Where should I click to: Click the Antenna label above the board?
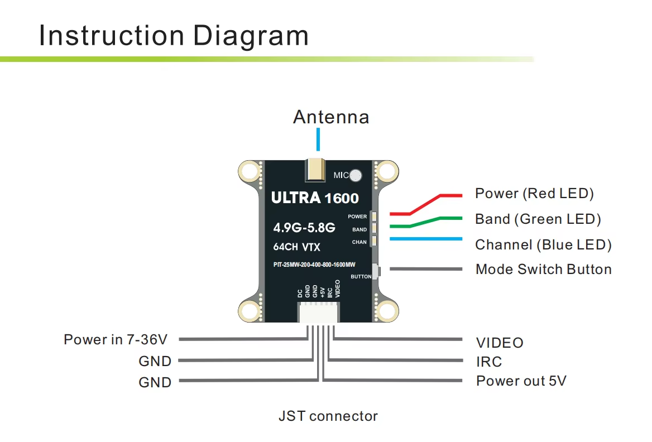[330, 117]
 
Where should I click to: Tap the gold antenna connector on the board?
[317, 170]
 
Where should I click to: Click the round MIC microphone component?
[355, 176]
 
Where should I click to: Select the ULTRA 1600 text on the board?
[315, 198]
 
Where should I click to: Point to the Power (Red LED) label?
[534, 194]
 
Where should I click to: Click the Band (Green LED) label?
[538, 219]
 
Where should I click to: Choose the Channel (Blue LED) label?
[543, 244]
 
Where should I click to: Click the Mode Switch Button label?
[543, 270]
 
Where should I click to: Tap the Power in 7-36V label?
[116, 339]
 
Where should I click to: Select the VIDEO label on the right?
[500, 343]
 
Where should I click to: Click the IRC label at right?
[489, 362]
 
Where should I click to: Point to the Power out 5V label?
[521, 381]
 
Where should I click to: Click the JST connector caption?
[328, 416]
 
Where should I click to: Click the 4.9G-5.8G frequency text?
[304, 228]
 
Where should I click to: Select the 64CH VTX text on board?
[296, 247]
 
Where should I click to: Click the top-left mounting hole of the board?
[249, 171]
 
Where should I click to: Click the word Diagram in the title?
[251, 36]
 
